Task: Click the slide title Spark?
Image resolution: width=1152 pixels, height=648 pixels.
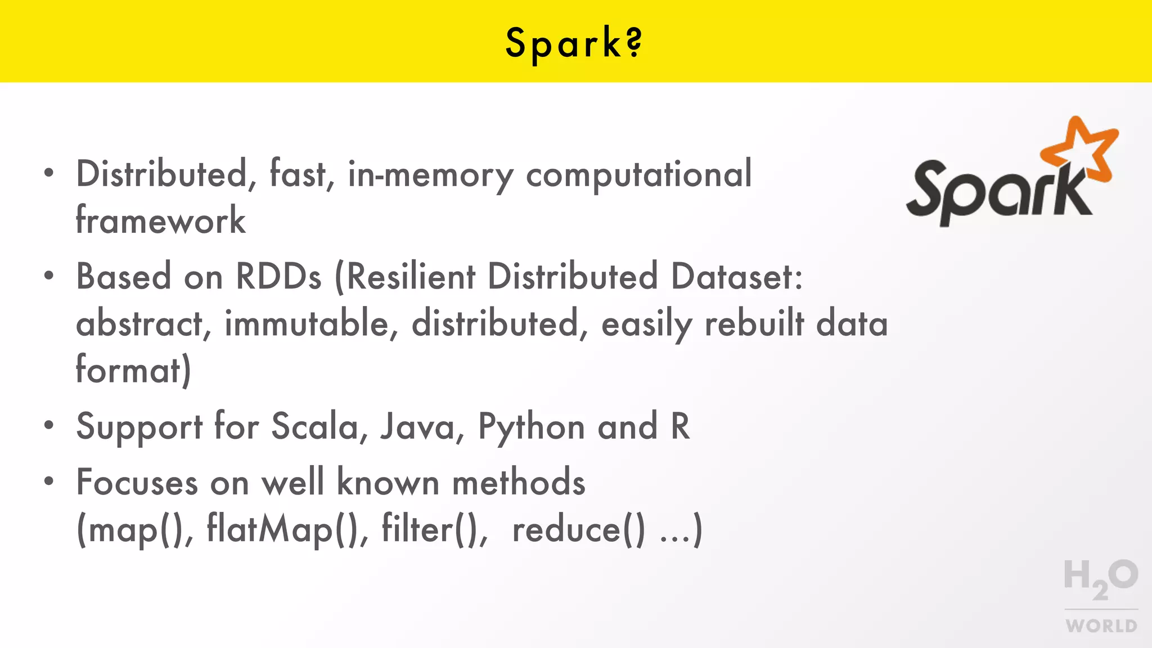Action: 574,43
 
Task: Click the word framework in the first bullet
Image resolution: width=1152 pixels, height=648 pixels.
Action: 161,220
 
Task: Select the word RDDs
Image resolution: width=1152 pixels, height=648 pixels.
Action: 278,277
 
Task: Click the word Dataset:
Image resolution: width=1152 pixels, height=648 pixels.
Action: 737,277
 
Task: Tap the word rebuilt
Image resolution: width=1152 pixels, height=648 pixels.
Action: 754,324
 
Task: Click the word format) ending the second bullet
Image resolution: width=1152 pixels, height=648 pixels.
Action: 133,371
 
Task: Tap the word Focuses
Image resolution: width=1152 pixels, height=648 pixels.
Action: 137,483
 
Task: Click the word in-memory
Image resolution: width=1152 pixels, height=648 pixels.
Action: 430,174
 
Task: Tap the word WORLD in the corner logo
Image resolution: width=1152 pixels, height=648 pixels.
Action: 1101,625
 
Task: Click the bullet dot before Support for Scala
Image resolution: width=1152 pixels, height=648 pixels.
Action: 49,425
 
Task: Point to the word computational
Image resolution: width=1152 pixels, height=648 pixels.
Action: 638,174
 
